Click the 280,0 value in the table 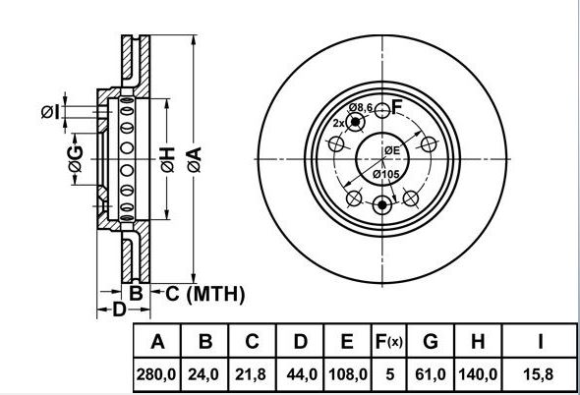tap(156, 374)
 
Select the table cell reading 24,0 tap(204, 374)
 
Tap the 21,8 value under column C tap(251, 374)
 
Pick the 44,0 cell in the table tap(302, 374)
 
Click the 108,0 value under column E tap(347, 374)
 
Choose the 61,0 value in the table tap(431, 374)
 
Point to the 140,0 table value tap(478, 374)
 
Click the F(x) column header tap(388, 341)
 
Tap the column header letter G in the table tap(431, 341)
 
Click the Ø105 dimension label tap(385, 174)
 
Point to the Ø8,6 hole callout tap(361, 108)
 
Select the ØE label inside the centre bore tap(392, 150)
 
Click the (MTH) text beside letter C tap(215, 295)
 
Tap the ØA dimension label tap(195, 159)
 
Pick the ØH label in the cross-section tap(167, 159)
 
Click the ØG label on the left tap(76, 158)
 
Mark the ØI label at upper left tap(50, 112)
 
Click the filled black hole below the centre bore tap(382, 205)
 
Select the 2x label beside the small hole tap(338, 123)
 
